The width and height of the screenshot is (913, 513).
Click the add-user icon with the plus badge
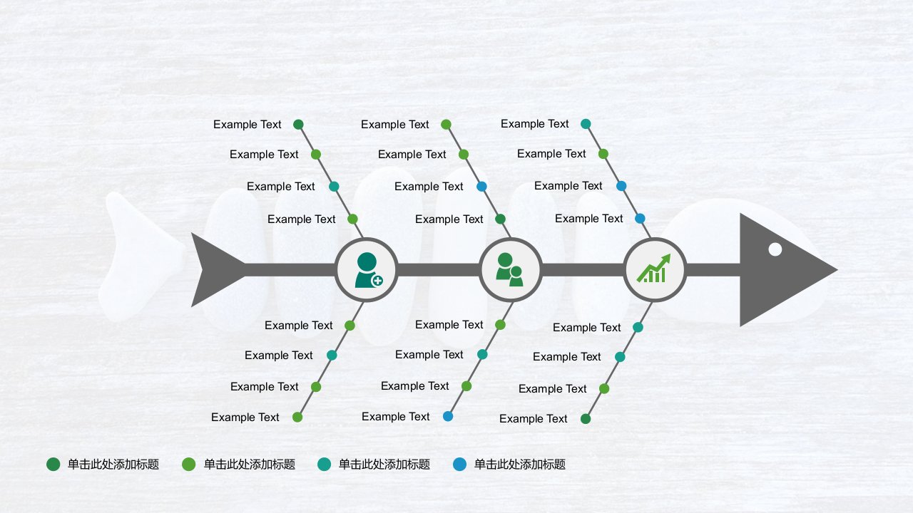pos(369,270)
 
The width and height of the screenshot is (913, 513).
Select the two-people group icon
pos(509,269)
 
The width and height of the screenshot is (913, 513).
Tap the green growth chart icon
pos(654,269)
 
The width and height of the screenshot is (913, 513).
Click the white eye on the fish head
pos(775,249)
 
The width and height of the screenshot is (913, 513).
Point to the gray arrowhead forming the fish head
pos(778,269)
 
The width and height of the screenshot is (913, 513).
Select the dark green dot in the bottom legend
pos(53,464)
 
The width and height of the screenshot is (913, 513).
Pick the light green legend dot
pos(189,464)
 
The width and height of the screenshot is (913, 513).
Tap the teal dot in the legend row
pos(324,464)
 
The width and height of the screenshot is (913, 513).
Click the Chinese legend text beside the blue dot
pos(520,464)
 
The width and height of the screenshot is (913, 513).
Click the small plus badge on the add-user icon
pos(377,281)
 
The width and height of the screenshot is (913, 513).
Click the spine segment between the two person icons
pos(438,269)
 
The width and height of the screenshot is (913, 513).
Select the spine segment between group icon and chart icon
pos(583,269)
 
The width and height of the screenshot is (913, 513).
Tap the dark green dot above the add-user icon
pos(298,124)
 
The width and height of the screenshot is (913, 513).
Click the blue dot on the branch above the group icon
pos(481,187)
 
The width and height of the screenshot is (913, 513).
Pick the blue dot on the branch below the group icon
pos(448,416)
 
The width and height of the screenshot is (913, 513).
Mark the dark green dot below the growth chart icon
pos(586,418)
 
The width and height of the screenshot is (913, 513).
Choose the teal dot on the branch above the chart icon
pos(586,124)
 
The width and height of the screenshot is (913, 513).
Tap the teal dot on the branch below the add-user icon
pos(332,355)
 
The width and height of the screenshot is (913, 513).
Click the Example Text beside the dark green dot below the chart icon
pos(533,418)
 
